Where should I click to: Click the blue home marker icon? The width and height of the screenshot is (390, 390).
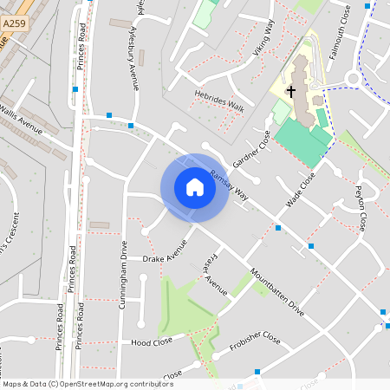(x=194, y=187)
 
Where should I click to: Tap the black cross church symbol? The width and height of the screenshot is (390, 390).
(x=292, y=90)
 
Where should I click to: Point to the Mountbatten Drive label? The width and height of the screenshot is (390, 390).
(x=276, y=295)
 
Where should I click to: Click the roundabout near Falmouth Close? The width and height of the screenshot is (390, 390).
(x=353, y=80)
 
